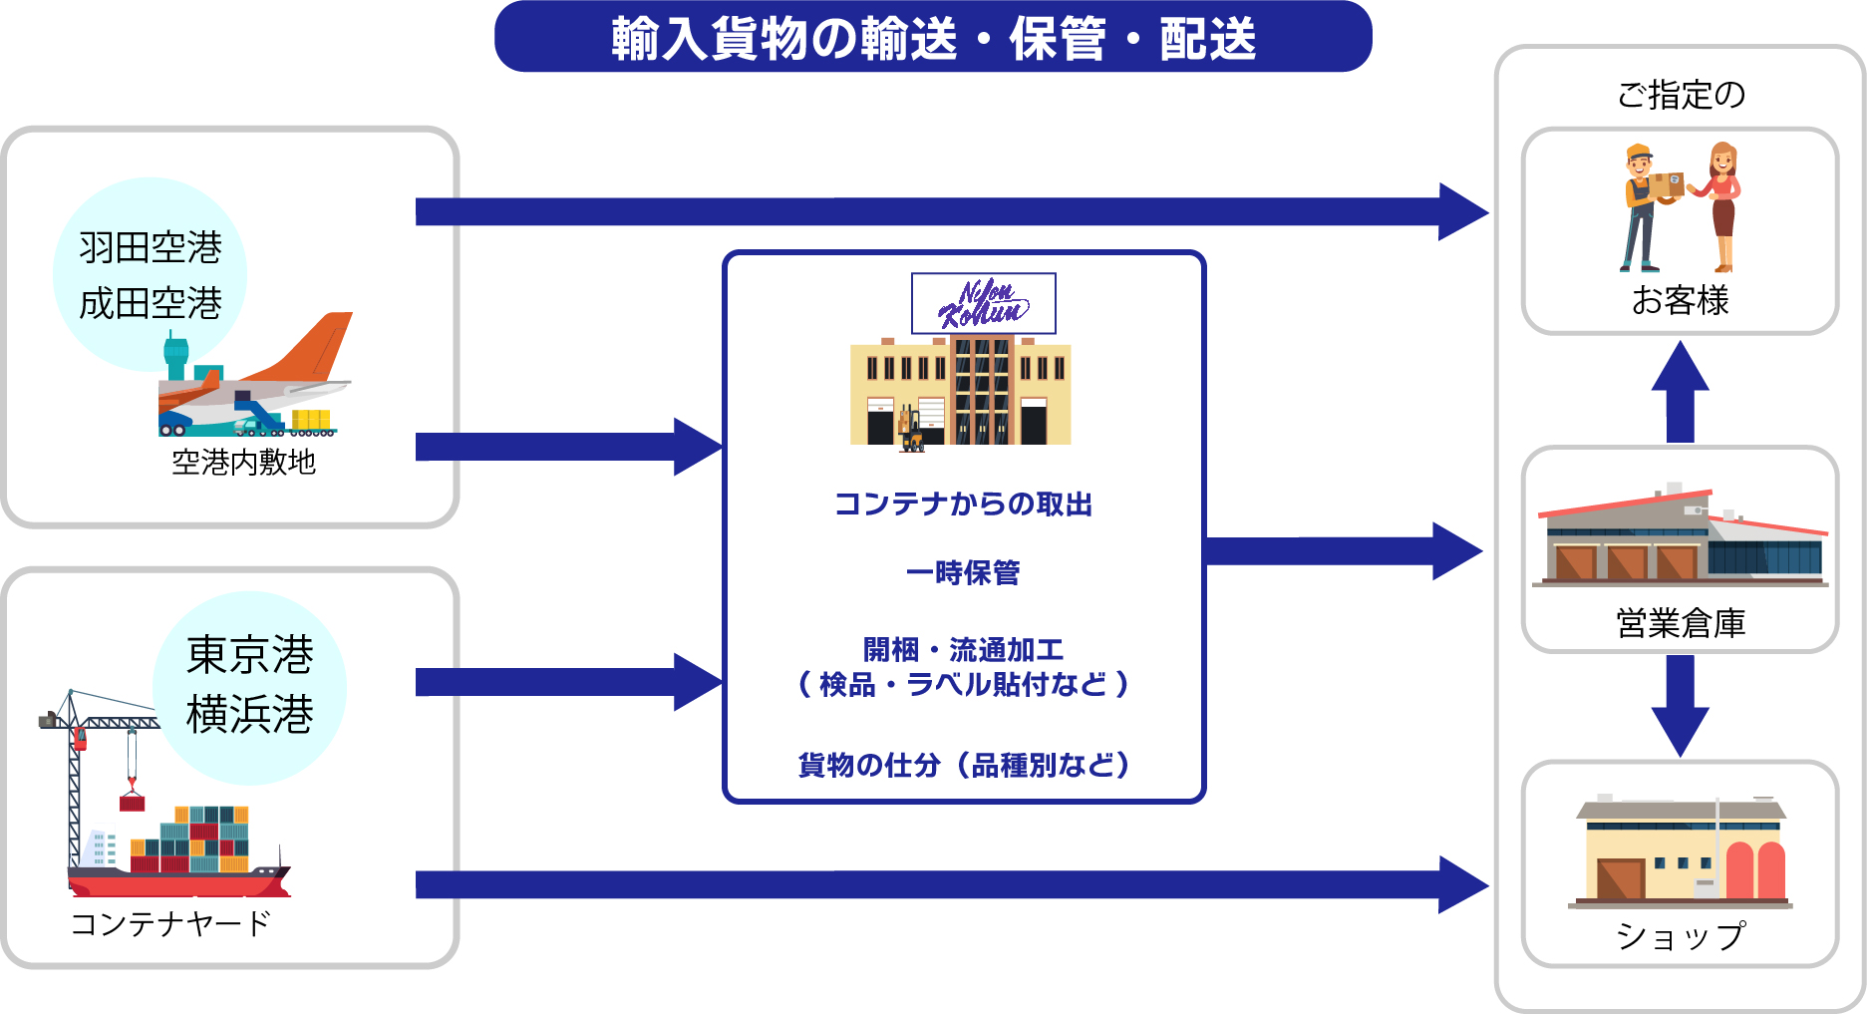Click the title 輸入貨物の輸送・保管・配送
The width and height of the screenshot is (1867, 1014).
click(x=933, y=38)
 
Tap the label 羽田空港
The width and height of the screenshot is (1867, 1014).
click(x=151, y=247)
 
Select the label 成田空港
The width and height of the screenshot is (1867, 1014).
click(x=151, y=303)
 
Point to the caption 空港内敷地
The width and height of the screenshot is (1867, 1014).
click(x=243, y=462)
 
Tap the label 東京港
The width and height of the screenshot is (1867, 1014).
click(x=250, y=655)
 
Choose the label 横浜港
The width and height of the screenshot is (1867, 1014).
click(x=250, y=714)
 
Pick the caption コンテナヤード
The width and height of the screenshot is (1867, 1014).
click(x=170, y=924)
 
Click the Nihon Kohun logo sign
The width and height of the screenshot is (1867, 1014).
click(x=983, y=303)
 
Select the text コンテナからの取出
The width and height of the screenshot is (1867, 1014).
click(x=963, y=505)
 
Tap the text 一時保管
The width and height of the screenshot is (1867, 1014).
click(x=963, y=572)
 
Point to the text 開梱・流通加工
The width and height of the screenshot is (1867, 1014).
click(x=963, y=650)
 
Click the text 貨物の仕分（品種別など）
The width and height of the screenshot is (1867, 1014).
click(x=963, y=765)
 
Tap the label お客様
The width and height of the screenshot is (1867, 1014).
click(x=1680, y=300)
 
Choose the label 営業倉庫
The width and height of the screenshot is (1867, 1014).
click(x=1680, y=623)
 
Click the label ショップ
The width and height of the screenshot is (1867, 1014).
click(x=1680, y=935)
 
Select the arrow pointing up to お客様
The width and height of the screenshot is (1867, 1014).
click(x=1681, y=391)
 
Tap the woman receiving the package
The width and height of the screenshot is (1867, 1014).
click(x=1722, y=205)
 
